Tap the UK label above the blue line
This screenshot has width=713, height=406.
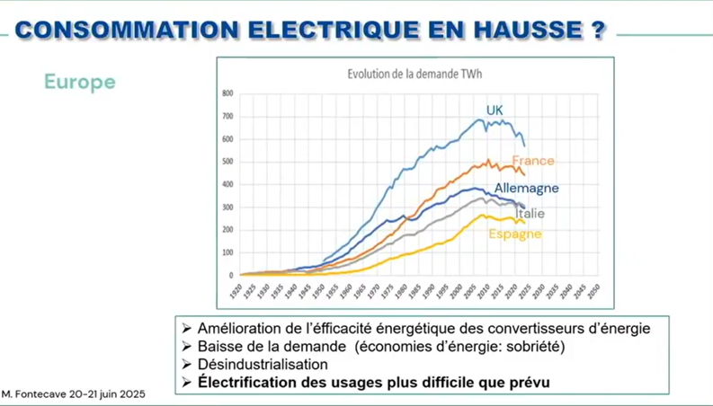(x=495, y=110)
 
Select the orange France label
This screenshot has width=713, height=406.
(x=533, y=161)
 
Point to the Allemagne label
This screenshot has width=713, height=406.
(x=526, y=189)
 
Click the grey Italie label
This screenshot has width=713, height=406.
(x=530, y=214)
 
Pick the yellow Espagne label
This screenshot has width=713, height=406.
(x=515, y=234)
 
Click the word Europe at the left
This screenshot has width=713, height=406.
(x=80, y=82)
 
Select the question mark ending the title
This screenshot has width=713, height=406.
(x=598, y=29)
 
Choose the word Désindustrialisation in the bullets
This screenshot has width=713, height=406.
(x=263, y=365)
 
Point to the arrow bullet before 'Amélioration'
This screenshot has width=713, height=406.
(x=186, y=329)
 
